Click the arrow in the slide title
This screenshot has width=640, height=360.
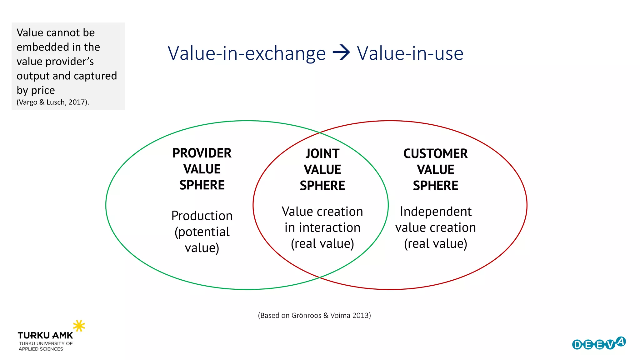341,52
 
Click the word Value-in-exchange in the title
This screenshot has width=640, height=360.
247,53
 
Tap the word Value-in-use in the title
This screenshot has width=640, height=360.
410,53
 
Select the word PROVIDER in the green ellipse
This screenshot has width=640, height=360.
202,153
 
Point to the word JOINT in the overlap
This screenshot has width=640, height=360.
322,154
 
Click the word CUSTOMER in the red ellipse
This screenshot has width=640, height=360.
435,154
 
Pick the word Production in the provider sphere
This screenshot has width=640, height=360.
202,216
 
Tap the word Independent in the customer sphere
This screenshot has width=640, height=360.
435,212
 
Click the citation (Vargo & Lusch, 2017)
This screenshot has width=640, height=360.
52,102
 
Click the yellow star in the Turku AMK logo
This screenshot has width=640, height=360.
79,326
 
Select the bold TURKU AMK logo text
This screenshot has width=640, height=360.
45,336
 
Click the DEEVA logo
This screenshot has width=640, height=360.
598,344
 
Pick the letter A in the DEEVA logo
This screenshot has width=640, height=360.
621,341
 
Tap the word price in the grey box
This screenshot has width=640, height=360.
43,90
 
